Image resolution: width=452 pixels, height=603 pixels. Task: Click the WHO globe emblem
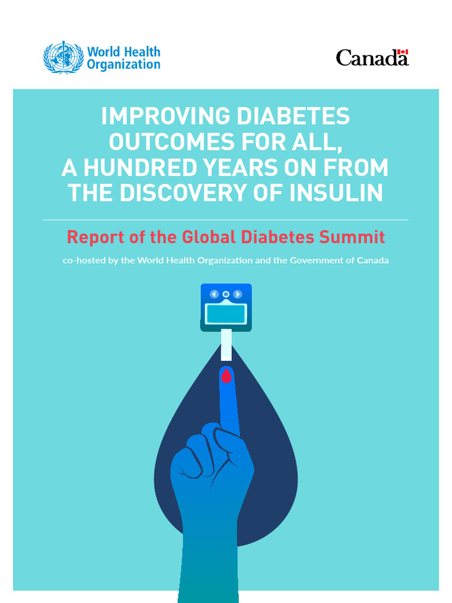coord(64,57)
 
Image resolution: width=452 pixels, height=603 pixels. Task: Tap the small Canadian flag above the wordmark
coord(403,52)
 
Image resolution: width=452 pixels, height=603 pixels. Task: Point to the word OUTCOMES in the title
coord(171,142)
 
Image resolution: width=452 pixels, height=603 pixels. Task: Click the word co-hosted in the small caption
coord(84,260)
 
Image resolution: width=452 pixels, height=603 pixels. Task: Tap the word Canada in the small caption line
coord(370,260)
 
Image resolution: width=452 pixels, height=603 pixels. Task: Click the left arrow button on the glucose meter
coord(214,294)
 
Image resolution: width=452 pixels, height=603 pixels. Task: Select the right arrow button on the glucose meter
coord(237,294)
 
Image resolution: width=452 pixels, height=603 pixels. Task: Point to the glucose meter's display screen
coord(225,314)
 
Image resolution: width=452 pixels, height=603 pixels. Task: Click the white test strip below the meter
coord(226,345)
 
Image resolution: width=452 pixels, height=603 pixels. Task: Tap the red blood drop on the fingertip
coord(226,375)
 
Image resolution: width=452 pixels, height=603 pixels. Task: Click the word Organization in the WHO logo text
coord(124,65)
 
